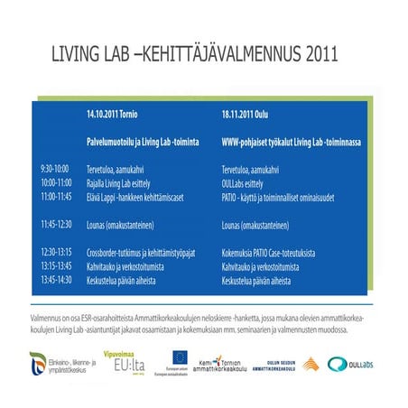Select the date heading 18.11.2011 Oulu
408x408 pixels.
[x=252, y=115]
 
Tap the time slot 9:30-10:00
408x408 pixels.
[x=54, y=169]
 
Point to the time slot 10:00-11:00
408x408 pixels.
[x=55, y=181]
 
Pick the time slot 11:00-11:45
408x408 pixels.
[x=55, y=195]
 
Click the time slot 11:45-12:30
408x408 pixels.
[x=55, y=222]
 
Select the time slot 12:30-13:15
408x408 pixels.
[x=55, y=254]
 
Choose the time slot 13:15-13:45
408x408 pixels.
[x=55, y=266]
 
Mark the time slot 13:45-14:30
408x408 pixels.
[x=55, y=280]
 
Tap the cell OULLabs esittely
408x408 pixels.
[x=249, y=181]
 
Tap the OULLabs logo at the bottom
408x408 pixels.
[x=350, y=365]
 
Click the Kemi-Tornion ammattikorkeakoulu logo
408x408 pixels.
[x=214, y=364]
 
